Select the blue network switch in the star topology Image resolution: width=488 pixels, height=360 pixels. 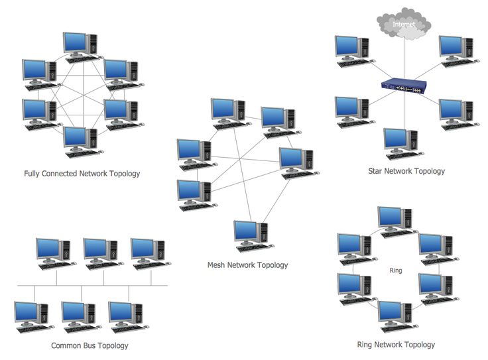coord(402,86)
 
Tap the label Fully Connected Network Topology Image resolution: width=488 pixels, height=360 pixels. coord(82,174)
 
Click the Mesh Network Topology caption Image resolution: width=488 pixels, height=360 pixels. coord(247,265)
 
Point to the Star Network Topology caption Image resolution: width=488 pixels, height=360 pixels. coord(406,171)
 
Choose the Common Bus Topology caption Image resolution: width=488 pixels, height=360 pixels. coord(90,345)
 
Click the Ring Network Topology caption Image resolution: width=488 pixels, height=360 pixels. coord(395,344)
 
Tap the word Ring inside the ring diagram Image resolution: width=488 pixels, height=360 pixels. coord(396,270)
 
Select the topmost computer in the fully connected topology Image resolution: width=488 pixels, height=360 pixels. coord(80,45)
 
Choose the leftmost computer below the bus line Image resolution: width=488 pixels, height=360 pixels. coord(31,316)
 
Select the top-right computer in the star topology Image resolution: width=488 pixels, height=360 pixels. coord(456,50)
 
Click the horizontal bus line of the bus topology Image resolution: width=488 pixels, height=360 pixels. coord(93,286)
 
